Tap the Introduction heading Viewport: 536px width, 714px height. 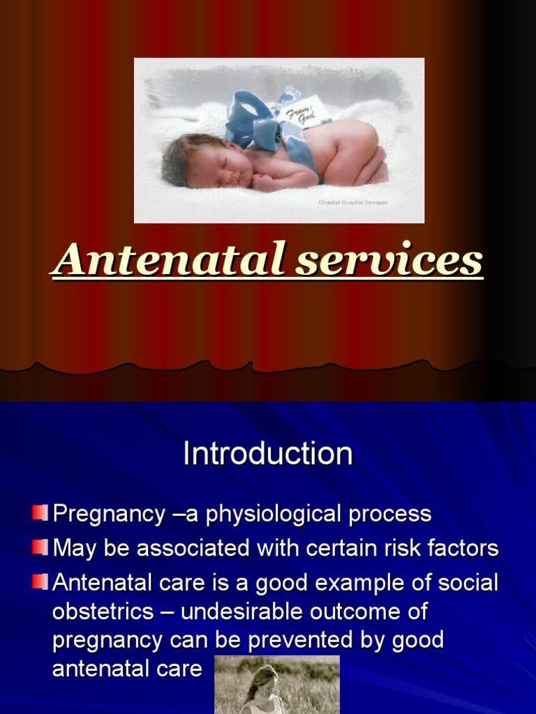pyautogui.click(x=267, y=454)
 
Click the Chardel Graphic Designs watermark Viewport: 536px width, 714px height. pyautogui.click(x=352, y=203)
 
